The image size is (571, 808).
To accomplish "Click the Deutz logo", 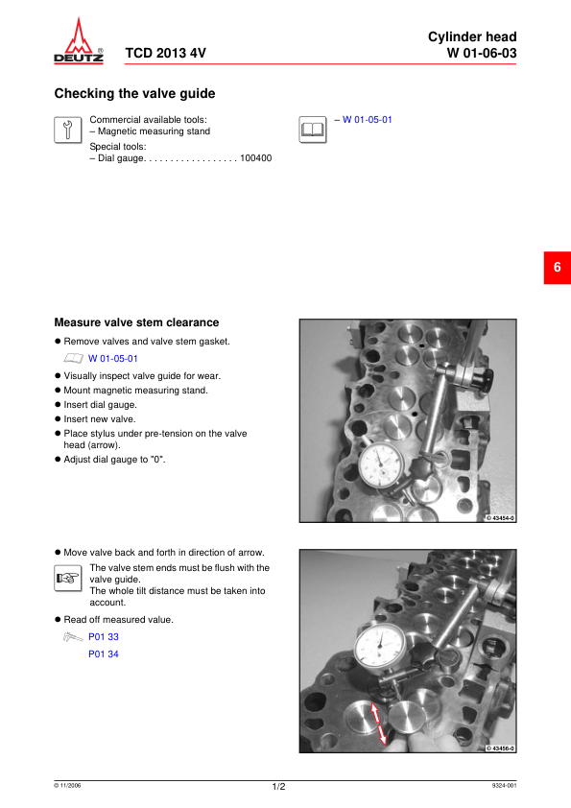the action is (79, 40).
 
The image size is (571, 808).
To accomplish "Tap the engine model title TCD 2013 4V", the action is (165, 53).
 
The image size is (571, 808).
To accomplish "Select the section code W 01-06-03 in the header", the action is (482, 53).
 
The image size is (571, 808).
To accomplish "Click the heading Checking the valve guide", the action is (134, 93).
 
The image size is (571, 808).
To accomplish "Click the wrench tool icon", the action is (67, 130).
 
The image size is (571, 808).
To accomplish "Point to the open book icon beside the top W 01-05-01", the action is (312, 130).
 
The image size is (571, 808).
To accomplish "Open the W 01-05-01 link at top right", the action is (367, 120).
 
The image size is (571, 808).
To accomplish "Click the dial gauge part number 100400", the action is (255, 158).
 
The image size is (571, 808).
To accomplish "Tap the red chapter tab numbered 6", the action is (558, 268).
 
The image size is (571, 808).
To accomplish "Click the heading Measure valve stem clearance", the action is (136, 322).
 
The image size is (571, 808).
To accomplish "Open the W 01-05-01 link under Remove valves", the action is (113, 359).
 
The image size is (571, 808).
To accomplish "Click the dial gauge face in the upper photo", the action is (381, 465).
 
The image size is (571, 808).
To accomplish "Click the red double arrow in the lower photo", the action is (379, 724).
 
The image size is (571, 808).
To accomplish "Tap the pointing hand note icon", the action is (67, 579).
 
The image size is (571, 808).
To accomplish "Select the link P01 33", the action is (103, 637).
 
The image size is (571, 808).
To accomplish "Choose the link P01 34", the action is (103, 654).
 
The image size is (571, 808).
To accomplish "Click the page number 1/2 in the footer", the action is (278, 786).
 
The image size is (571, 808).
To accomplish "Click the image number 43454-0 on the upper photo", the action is (500, 518).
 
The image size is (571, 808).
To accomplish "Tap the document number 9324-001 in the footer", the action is (504, 785).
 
